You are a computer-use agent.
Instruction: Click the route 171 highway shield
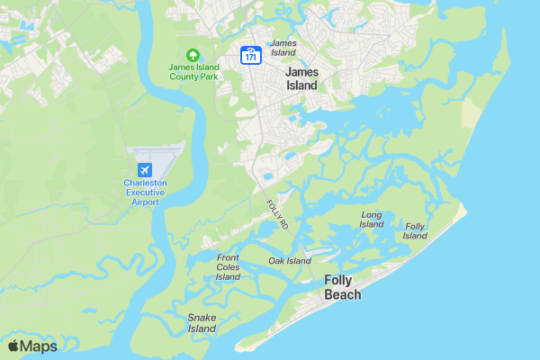tap(250, 55)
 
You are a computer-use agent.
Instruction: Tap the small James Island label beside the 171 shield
tap(283, 48)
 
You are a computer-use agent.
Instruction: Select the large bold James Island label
tap(301, 77)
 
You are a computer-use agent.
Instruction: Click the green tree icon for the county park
tap(191, 54)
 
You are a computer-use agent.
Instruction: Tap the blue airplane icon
tap(144, 169)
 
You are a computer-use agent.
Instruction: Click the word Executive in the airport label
tap(146, 193)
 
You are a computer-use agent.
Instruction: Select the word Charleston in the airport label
tap(146, 183)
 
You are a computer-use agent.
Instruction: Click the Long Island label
tap(372, 220)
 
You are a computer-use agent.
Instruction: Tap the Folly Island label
tap(415, 231)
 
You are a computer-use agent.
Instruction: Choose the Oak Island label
tap(290, 261)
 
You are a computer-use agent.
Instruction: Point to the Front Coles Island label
tap(229, 267)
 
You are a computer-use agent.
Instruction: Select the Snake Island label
tap(202, 323)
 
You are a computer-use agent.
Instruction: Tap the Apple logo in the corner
tap(13, 346)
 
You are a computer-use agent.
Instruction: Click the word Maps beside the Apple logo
tap(39, 346)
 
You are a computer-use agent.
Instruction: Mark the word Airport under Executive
tap(146, 202)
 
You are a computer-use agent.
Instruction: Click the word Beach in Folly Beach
tap(342, 295)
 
